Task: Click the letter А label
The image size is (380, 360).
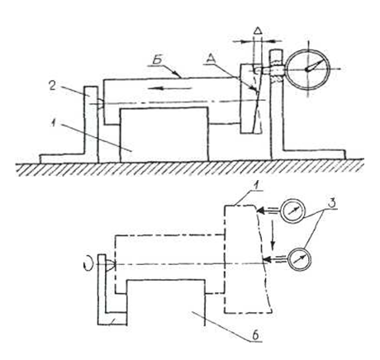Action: (211, 58)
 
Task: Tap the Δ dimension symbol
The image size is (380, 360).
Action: (257, 31)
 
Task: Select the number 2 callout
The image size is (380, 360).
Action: (53, 85)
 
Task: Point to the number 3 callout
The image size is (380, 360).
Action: (332, 204)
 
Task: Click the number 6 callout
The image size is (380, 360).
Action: (255, 335)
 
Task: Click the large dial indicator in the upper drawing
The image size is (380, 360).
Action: (307, 69)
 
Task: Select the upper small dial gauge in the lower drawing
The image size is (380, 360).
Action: (293, 211)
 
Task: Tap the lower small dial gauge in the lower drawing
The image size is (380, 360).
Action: (300, 259)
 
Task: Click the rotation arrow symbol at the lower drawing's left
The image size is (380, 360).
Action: (88, 263)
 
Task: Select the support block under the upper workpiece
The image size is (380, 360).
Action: (164, 135)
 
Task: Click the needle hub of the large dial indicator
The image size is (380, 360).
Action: (307, 69)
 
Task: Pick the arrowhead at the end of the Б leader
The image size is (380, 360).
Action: (178, 75)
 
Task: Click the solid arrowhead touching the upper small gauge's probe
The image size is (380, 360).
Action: (260, 211)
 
